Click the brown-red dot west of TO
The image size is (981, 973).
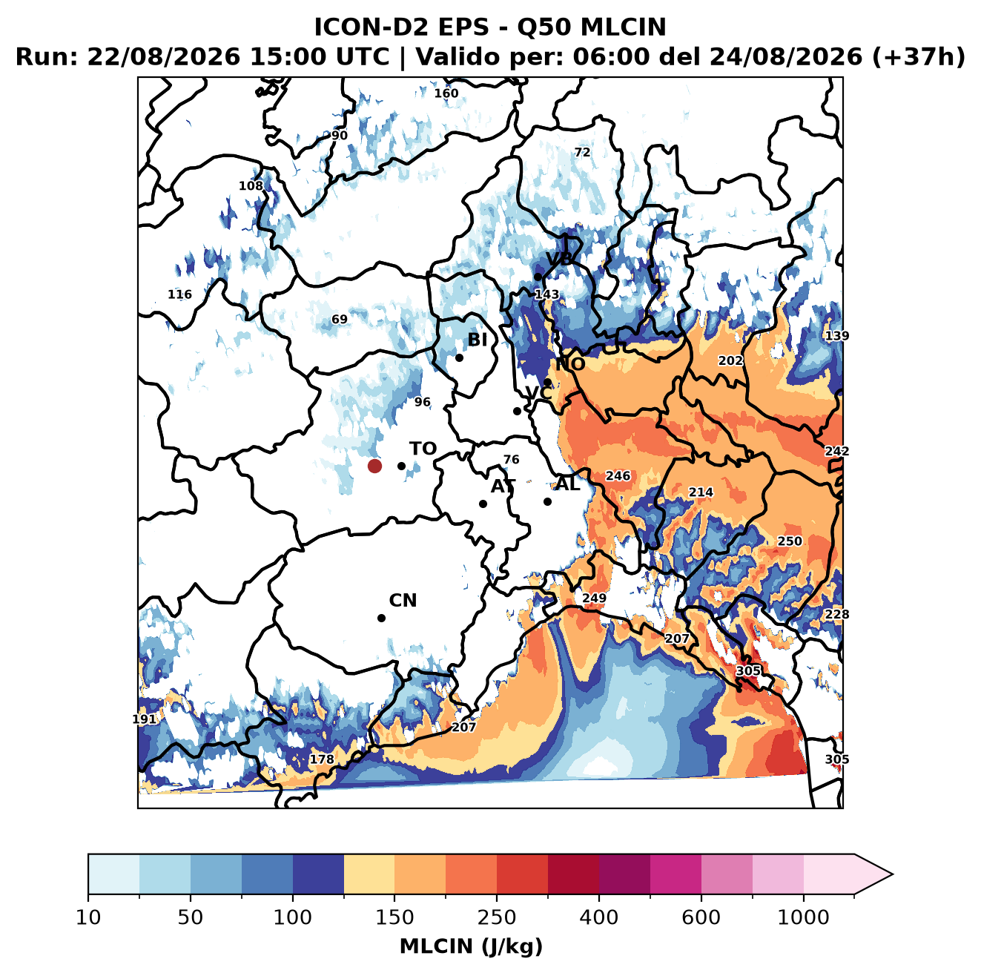[374, 466]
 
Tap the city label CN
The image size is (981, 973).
[403, 601]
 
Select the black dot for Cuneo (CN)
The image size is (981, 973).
[381, 618]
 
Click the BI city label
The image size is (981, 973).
[477, 340]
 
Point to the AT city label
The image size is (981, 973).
[503, 486]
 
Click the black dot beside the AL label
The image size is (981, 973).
[547, 501]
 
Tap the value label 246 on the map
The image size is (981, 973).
[618, 475]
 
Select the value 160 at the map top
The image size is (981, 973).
[446, 93]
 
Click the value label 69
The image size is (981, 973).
[340, 319]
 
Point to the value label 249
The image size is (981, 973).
[594, 597]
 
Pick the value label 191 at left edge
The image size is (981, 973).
[144, 719]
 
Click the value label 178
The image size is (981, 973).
[323, 759]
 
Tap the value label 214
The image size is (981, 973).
[701, 492]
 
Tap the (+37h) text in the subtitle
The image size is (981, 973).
[919, 57]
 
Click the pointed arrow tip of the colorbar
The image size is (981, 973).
[893, 874]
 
